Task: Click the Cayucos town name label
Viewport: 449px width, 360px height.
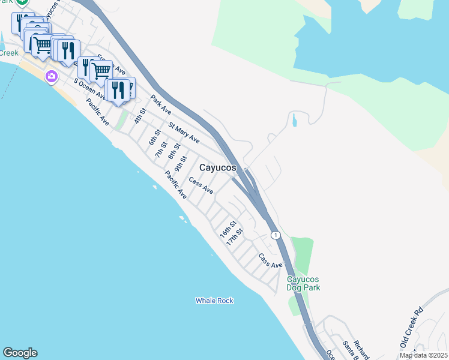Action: point(217,168)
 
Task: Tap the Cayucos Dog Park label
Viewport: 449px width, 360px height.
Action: point(303,283)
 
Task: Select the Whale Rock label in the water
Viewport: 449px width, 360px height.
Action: point(214,301)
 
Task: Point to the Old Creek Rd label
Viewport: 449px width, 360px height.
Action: point(412,328)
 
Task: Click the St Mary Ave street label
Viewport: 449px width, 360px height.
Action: point(184,133)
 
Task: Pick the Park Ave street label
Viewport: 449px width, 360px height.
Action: point(161,104)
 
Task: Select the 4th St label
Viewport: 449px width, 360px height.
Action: point(140,116)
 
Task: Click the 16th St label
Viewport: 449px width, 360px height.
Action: point(226,233)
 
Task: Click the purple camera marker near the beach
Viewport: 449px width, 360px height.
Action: point(51,76)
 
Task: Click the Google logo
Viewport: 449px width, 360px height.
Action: point(20,353)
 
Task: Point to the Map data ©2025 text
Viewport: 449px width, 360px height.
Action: point(423,355)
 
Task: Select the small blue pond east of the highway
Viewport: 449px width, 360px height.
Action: point(294,121)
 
